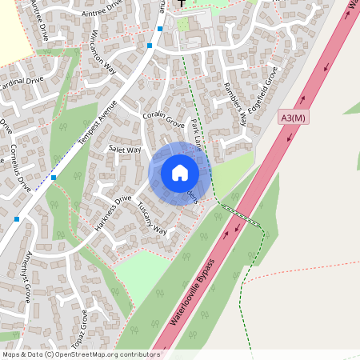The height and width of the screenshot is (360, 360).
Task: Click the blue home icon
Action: pyautogui.click(x=180, y=172)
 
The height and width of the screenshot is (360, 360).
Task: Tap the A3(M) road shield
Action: pyautogui.click(x=294, y=118)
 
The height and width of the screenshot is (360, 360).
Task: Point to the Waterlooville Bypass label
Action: pyautogui.click(x=193, y=290)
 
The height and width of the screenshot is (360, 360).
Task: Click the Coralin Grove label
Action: pyautogui.click(x=163, y=120)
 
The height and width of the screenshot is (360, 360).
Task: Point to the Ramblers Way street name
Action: pyautogui.click(x=234, y=104)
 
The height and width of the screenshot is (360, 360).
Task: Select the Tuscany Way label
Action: pyautogui.click(x=151, y=218)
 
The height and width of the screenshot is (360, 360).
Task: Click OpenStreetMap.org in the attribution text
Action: pyautogui.click(x=94, y=354)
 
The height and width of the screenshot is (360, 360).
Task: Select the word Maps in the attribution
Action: pyautogui.click(x=10, y=354)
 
